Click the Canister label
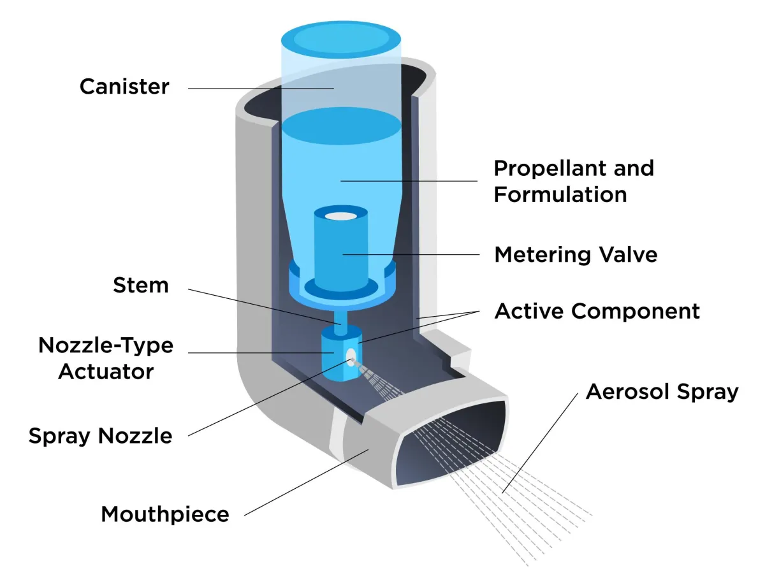124,87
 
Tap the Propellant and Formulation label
574,181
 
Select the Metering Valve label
576,255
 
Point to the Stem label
141,285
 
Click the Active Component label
597,311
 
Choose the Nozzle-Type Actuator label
106,358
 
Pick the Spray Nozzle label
100,437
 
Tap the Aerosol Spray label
662,391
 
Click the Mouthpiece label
164,514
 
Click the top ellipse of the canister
341,38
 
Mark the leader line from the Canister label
255,88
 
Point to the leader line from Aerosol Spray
542,440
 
